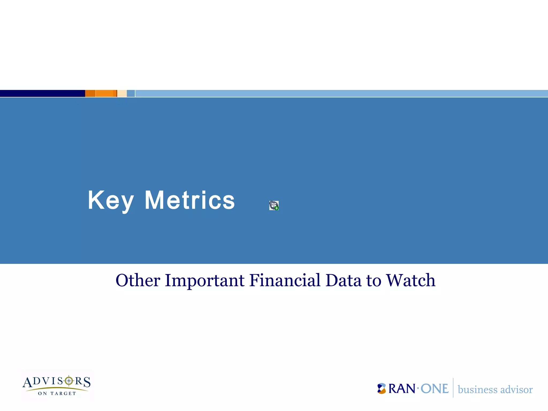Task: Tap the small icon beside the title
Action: (274, 205)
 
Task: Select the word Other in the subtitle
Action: (138, 280)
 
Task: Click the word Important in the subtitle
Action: (204, 280)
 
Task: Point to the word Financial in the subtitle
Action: (285, 280)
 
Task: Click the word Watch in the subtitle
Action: (411, 280)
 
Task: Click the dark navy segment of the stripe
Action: (42, 93)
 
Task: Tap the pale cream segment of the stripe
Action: (122, 93)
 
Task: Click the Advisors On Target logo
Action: (57, 385)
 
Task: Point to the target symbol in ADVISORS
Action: (69, 380)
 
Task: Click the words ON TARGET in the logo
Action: (57, 393)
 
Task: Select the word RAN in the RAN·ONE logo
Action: (402, 389)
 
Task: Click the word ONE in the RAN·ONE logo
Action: (434, 389)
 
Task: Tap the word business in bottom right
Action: (477, 390)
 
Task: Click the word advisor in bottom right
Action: (516, 390)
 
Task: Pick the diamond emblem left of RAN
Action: (382, 389)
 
